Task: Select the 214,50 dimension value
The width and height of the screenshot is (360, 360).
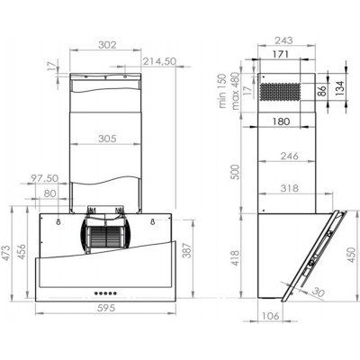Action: [157, 61]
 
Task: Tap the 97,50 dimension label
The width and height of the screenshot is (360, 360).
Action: [43, 177]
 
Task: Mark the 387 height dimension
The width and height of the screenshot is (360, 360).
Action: [187, 254]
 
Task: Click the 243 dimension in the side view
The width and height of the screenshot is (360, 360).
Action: [284, 40]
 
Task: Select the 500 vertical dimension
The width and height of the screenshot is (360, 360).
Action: [237, 170]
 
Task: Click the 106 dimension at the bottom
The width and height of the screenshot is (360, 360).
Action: [270, 316]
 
